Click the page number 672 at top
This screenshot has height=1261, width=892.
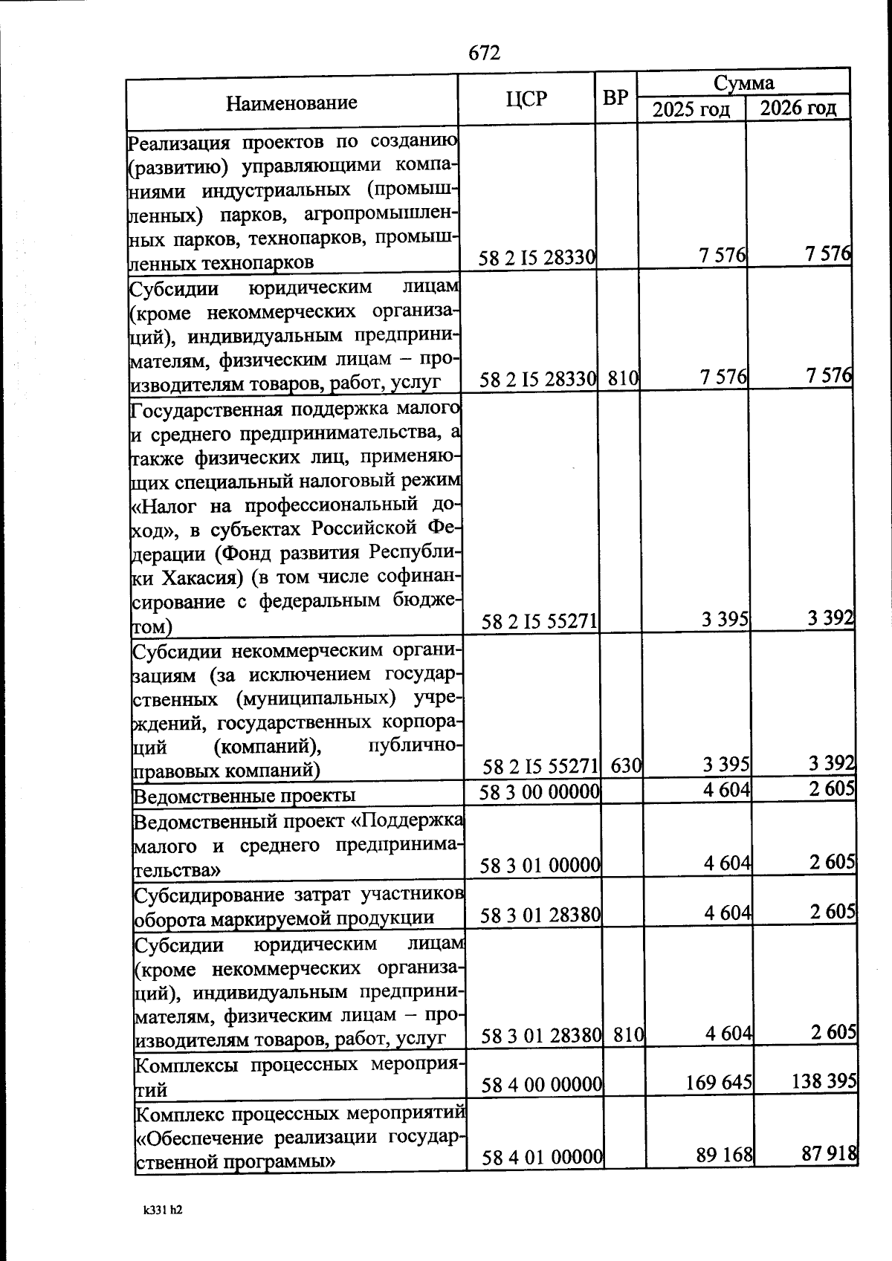point(484,53)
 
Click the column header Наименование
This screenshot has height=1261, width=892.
point(291,103)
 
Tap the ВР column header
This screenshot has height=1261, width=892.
point(615,98)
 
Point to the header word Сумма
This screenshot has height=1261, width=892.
point(743,82)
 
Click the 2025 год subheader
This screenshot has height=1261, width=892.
point(691,110)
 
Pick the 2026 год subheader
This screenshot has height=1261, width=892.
point(798,108)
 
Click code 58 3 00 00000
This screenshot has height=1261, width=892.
point(540,792)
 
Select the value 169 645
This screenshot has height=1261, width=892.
point(718,1083)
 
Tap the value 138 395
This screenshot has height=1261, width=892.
point(822,1081)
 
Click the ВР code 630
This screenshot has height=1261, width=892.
point(625,765)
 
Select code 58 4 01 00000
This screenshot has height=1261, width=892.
point(542,1157)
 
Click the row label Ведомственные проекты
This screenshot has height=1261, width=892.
point(244,796)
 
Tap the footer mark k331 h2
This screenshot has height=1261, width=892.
point(163,1209)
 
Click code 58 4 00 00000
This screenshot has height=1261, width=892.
point(541,1086)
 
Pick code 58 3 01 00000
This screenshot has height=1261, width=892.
point(540,866)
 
